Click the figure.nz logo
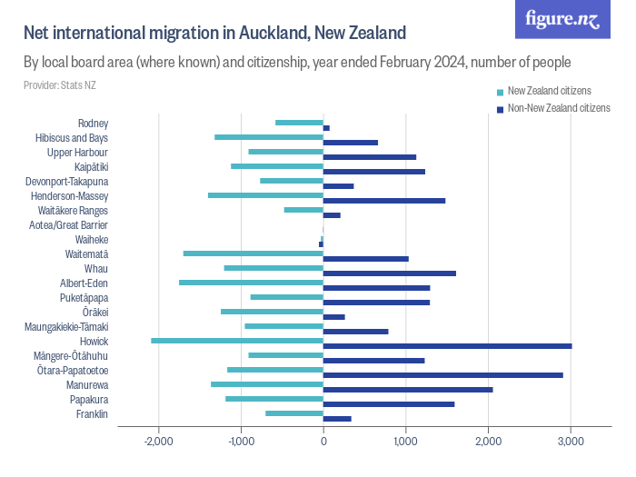(x=562, y=20)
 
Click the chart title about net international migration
(x=214, y=34)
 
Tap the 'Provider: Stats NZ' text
(x=60, y=85)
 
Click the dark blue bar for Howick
(x=447, y=345)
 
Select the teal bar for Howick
(x=237, y=341)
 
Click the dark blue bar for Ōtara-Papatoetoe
(x=442, y=374)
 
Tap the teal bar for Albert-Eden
(x=251, y=283)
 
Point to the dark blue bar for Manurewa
(x=408, y=389)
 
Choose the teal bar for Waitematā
(x=253, y=253)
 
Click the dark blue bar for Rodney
(x=326, y=128)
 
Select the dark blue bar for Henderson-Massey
(x=384, y=200)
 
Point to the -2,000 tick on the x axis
(x=159, y=442)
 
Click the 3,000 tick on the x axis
(x=570, y=442)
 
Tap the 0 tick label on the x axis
(x=323, y=442)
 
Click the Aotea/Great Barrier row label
(x=68, y=224)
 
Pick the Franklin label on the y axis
(x=92, y=414)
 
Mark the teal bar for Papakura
(x=274, y=399)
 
